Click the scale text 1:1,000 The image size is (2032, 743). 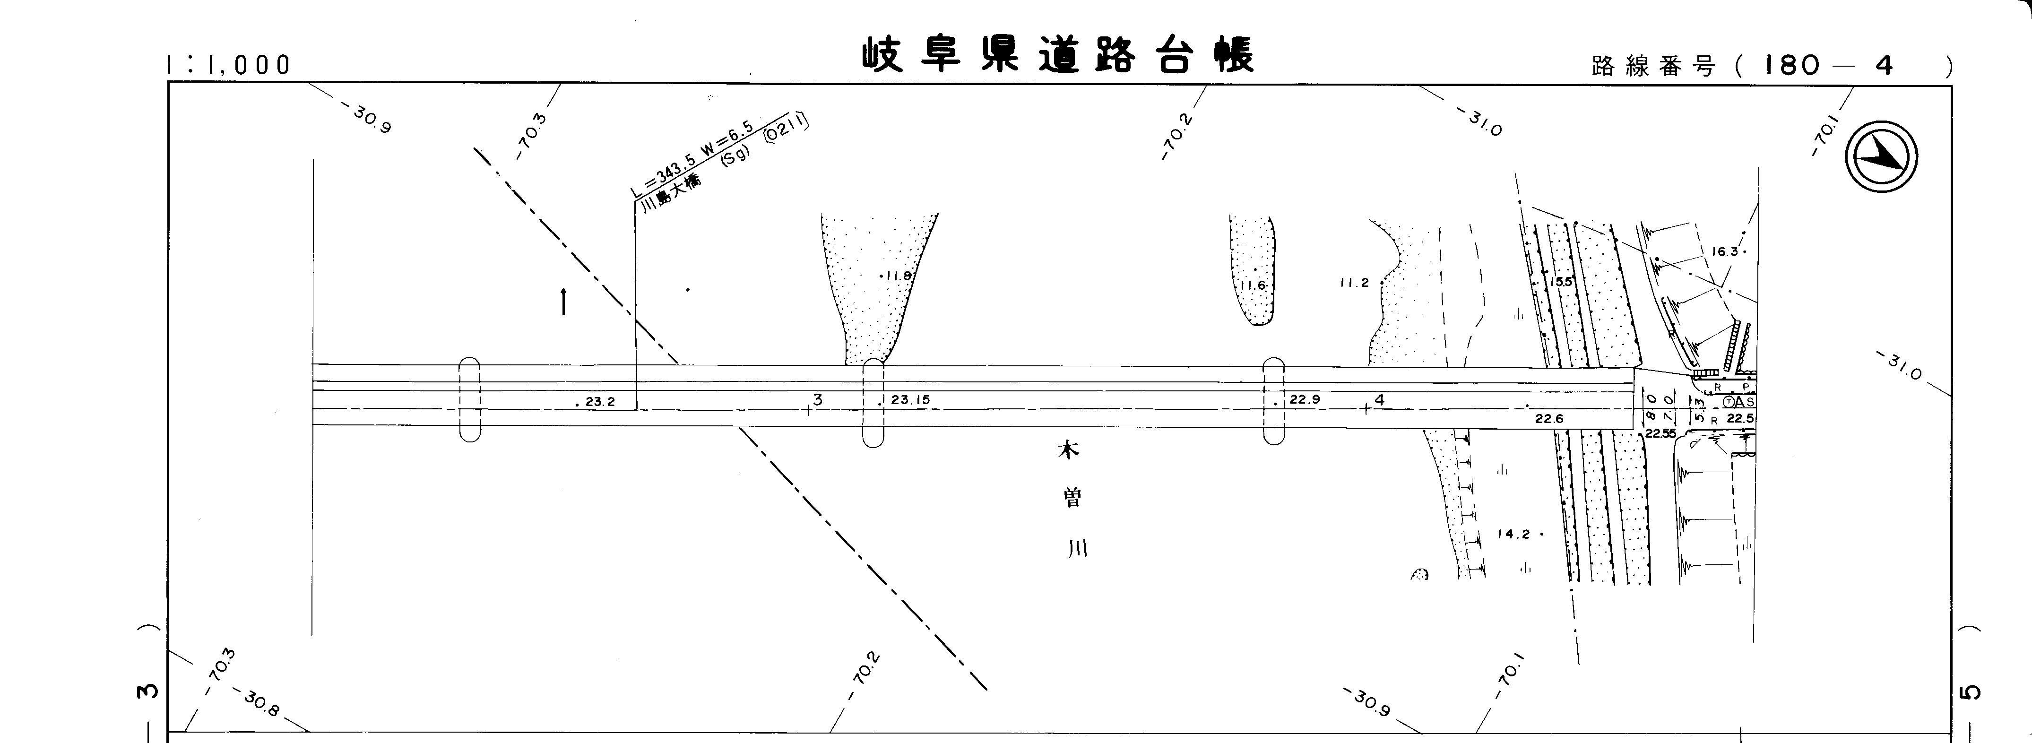pyautogui.click(x=229, y=65)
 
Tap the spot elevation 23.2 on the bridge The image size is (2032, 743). pyautogui.click(x=599, y=401)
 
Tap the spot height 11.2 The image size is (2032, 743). pyautogui.click(x=1354, y=282)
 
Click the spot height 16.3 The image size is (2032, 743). pyautogui.click(x=1725, y=251)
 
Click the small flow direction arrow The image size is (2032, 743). pyautogui.click(x=563, y=301)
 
